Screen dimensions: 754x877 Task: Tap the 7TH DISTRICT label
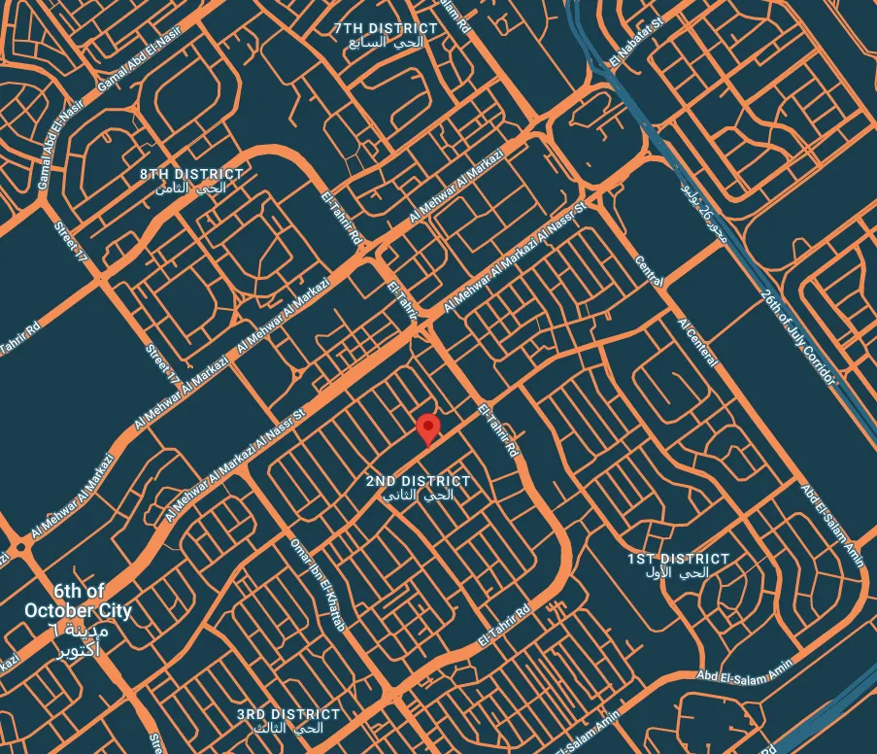[386, 29]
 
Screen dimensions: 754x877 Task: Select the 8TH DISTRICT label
[191, 174]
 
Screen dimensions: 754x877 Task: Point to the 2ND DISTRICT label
[418, 481]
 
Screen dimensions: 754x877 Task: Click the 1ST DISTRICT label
[678, 559]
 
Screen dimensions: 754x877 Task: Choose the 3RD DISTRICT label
[288, 714]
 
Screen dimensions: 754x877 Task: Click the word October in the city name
[61, 610]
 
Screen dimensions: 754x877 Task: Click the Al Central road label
[698, 342]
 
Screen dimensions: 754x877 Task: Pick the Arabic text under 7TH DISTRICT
[386, 44]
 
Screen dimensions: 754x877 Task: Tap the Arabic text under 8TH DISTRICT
[191, 188]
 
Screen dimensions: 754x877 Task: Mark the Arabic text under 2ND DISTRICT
[419, 495]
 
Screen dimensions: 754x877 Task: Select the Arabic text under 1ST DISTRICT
[678, 573]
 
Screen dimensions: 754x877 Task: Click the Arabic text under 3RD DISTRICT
[288, 728]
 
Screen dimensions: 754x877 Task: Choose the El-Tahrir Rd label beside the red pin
[498, 431]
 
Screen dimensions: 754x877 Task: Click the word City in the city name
[113, 610]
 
